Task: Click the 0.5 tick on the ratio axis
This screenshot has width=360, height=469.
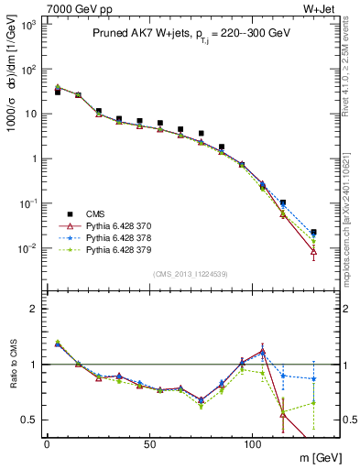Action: coord(31,420)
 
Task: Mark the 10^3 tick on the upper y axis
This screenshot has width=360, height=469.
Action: coord(27,25)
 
